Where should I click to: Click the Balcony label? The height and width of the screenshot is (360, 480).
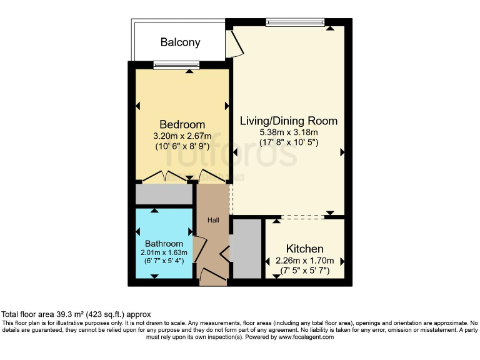click(180, 42)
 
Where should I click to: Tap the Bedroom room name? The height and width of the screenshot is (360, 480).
click(182, 124)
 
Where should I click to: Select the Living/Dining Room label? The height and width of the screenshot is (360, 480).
click(289, 121)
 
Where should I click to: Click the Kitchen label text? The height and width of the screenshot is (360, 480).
click(304, 249)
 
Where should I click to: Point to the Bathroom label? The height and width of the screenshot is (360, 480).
click(164, 244)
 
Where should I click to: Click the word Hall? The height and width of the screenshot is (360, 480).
click(213, 219)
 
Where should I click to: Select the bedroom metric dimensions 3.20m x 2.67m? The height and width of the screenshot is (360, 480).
click(182, 136)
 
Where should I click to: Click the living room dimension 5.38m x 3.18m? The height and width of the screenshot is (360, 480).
click(289, 132)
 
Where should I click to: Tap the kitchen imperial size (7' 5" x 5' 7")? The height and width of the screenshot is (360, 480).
click(305, 271)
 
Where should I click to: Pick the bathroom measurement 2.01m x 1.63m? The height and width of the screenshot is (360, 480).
click(164, 252)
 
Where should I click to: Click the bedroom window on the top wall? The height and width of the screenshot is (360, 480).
click(176, 64)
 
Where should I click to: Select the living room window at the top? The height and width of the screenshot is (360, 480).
click(295, 22)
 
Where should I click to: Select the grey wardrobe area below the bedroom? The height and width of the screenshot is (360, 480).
click(164, 194)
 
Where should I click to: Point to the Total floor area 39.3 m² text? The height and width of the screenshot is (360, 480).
click(76, 314)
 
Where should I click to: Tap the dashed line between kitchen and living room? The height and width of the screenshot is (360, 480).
click(303, 217)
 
